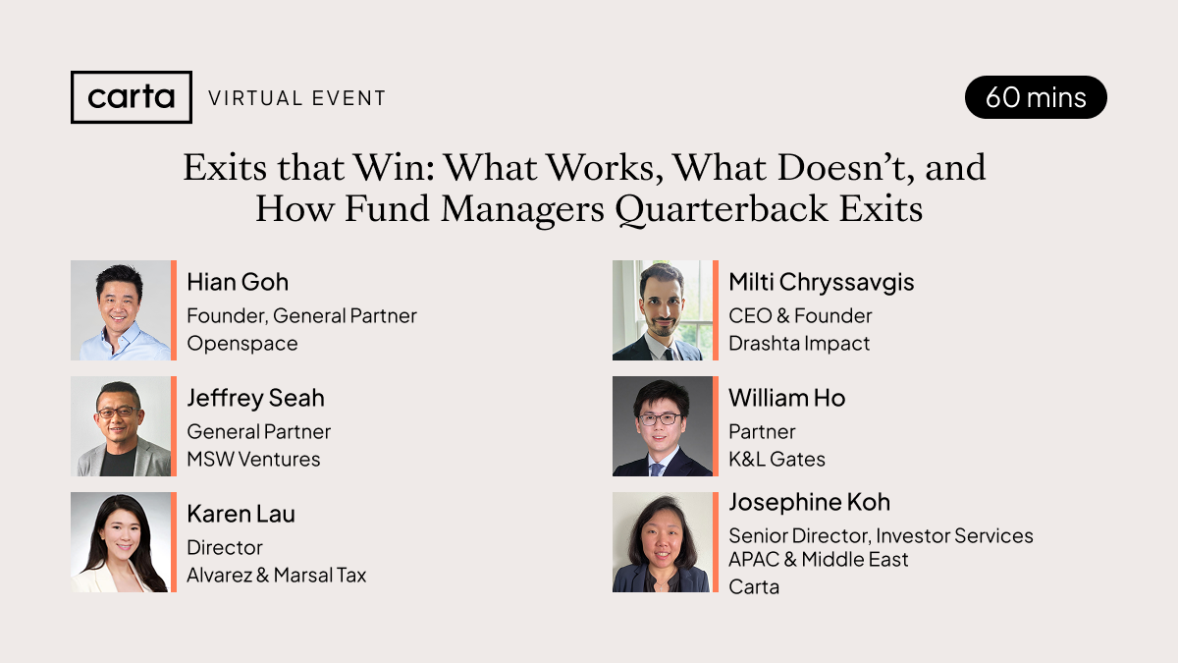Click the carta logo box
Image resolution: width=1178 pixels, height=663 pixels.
(132, 97)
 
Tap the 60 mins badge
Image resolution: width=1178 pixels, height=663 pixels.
(1036, 97)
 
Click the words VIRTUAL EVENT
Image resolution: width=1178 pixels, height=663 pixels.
(297, 98)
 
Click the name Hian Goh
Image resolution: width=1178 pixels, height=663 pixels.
(238, 283)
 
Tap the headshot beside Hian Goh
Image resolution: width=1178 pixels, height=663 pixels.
(121, 310)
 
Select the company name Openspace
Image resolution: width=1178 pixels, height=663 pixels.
(242, 344)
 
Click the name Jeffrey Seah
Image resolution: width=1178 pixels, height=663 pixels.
(255, 399)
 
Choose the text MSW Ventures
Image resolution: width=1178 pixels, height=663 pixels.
(253, 460)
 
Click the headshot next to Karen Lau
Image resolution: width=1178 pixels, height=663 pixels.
(121, 542)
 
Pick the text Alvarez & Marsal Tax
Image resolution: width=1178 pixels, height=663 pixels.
(277, 576)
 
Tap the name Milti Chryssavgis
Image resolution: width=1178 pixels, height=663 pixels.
(822, 283)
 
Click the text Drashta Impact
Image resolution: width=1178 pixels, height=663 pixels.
(799, 344)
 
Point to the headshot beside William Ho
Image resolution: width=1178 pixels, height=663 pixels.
(662, 426)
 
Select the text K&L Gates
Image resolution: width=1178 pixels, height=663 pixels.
(776, 460)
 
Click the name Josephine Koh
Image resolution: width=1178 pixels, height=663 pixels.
(809, 503)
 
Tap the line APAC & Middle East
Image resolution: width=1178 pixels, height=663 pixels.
(819, 559)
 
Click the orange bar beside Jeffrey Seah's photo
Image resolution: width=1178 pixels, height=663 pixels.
(174, 426)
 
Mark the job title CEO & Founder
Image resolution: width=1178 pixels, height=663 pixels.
(800, 315)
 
